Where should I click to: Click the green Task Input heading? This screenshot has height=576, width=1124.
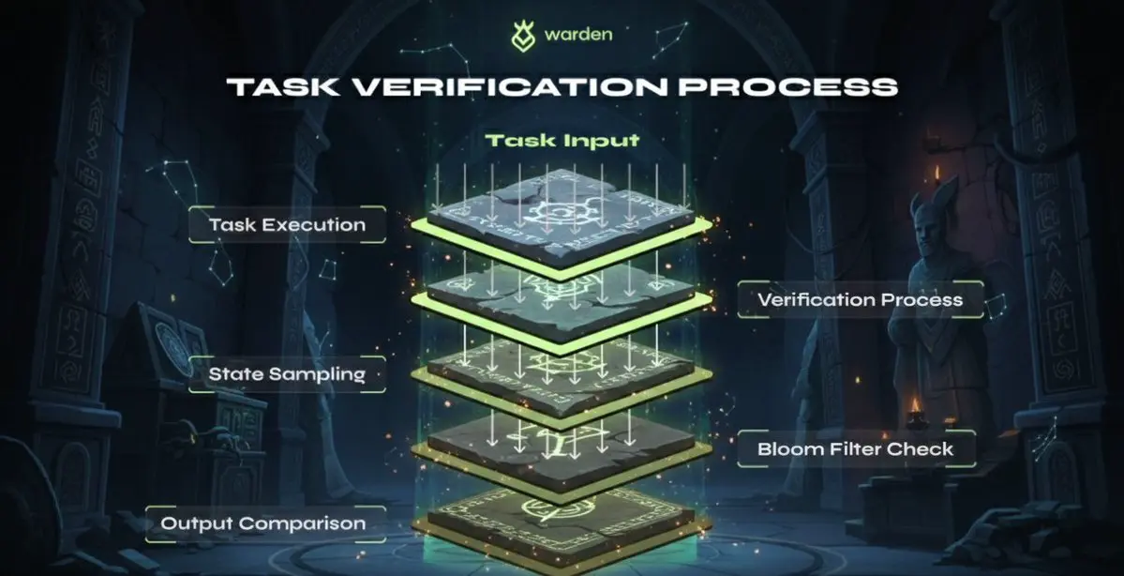562,141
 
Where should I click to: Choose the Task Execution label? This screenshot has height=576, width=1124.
287,225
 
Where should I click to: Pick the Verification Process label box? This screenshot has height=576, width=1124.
860,300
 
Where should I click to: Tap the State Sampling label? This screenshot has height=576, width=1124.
287,373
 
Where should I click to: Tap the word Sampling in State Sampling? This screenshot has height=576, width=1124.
316,373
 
